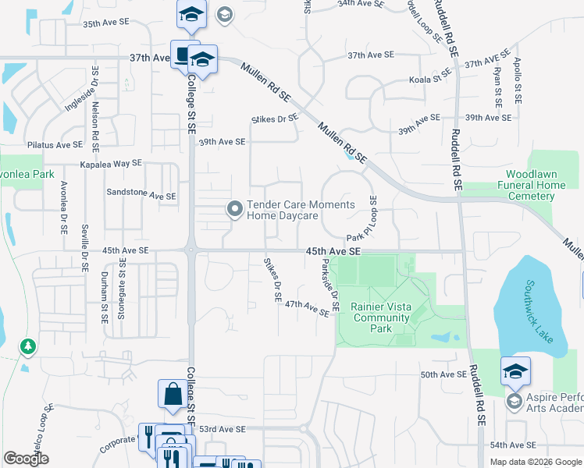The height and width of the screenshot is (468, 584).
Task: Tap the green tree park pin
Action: (x=27, y=346)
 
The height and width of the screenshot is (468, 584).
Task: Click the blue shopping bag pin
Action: (x=172, y=395)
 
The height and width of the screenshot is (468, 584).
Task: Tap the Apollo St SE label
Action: (x=517, y=81)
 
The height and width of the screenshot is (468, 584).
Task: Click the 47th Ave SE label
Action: (x=307, y=308)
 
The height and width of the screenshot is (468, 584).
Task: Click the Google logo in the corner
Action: (x=27, y=459)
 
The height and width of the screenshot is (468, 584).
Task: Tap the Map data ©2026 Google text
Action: (x=535, y=462)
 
